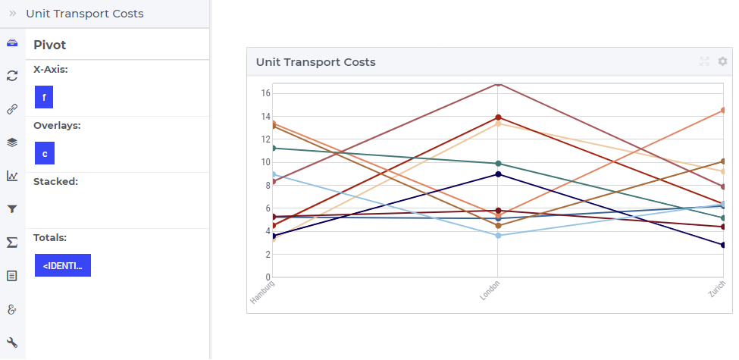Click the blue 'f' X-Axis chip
coord(44,97)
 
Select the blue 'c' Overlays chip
coord(44,153)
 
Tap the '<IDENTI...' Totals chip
coord(63,265)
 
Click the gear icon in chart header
coord(722,61)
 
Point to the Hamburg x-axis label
coord(262,292)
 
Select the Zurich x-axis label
coord(717,290)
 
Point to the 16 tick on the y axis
coord(265,93)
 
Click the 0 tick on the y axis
coord(268,277)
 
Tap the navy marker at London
coord(498,174)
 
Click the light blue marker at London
coord(498,235)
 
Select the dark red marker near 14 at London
coord(498,117)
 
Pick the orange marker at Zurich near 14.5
coord(723,110)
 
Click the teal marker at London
coord(498,164)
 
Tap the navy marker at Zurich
coord(723,245)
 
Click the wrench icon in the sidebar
coord(12,343)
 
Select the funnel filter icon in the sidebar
coord(12,209)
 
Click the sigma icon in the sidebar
coord(12,243)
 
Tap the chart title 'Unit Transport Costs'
coord(316,62)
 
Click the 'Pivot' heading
coord(49,45)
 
